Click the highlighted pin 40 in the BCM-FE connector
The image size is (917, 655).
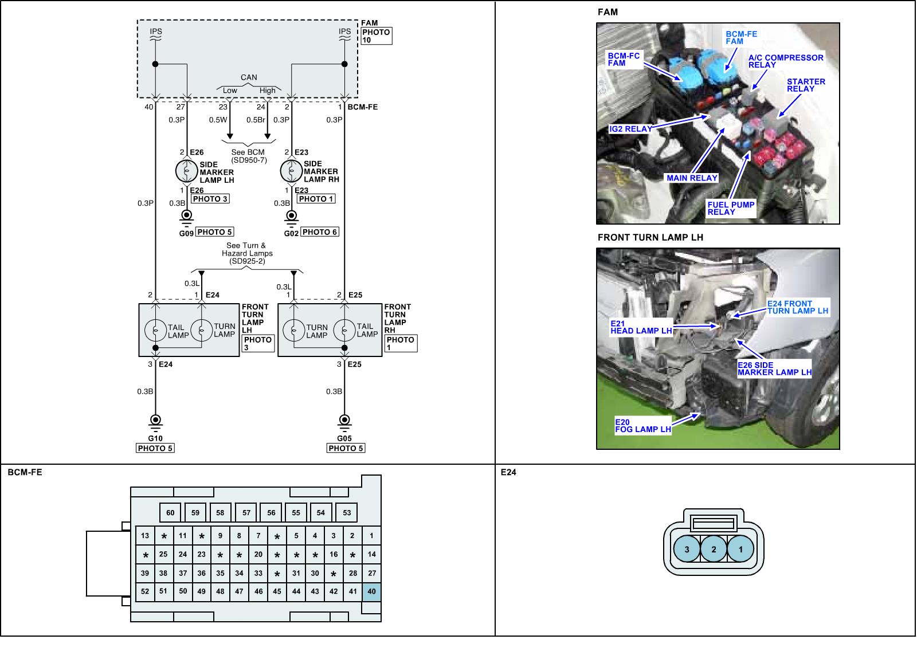click(371, 591)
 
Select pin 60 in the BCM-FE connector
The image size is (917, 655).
click(170, 512)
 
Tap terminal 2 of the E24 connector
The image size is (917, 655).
click(714, 550)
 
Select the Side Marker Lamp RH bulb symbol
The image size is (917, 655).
click(291, 171)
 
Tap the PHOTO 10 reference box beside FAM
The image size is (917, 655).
click(376, 36)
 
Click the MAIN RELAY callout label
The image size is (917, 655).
click(692, 178)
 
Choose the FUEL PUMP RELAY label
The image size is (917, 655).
click(730, 208)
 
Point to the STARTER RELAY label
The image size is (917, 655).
click(806, 85)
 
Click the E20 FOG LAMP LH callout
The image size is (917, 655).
click(642, 426)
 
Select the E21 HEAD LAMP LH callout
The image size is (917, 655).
click(641, 327)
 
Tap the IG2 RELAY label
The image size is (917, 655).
click(630, 129)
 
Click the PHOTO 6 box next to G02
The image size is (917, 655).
click(320, 232)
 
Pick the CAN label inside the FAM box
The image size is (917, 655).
click(249, 77)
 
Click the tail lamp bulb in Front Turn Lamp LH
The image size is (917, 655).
click(155, 330)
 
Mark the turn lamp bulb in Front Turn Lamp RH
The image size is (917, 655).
click(294, 330)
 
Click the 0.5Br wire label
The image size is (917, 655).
click(256, 120)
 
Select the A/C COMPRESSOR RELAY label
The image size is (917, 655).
click(785, 61)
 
